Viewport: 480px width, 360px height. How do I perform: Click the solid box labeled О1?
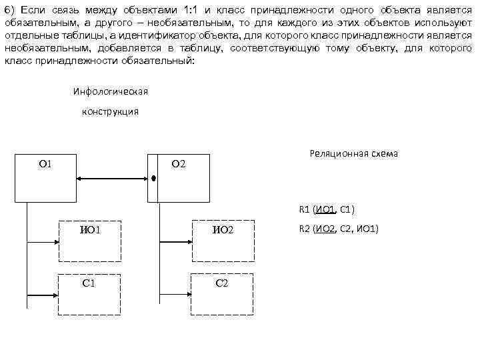click(x=45, y=177)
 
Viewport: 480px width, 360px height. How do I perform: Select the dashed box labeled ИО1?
click(x=90, y=241)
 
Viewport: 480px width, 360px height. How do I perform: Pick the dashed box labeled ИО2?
click(x=224, y=241)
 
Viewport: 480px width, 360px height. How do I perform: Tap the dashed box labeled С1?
click(x=90, y=294)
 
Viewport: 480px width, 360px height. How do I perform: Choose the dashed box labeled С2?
click(x=224, y=294)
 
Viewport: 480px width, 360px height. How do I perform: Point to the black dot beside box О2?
click(x=153, y=179)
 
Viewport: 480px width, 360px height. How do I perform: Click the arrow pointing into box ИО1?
click(x=43, y=241)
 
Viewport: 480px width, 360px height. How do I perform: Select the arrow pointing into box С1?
click(x=43, y=294)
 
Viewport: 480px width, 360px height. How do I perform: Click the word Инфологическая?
click(x=110, y=91)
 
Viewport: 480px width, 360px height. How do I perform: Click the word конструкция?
click(x=110, y=111)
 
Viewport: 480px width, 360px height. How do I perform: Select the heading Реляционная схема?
click(x=353, y=153)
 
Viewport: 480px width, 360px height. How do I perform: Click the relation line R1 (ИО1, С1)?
click(x=327, y=210)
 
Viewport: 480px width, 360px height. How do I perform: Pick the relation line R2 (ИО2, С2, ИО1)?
click(x=339, y=229)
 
